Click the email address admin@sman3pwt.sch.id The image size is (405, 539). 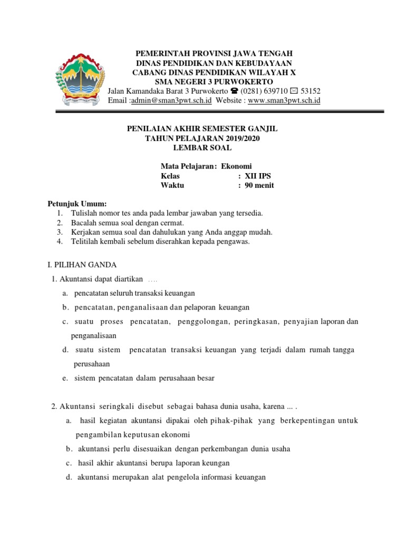pyautogui.click(x=171, y=101)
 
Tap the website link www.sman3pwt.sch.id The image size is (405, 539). pyautogui.click(x=284, y=101)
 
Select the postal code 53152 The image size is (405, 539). pyautogui.click(x=310, y=91)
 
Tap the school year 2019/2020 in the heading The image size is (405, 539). pyautogui.click(x=240, y=138)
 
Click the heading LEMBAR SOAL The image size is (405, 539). pyautogui.click(x=202, y=147)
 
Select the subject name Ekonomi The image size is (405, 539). pyautogui.click(x=237, y=167)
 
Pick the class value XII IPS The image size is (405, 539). pyautogui.click(x=258, y=176)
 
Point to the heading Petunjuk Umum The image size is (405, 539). pyautogui.click(x=77, y=204)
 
